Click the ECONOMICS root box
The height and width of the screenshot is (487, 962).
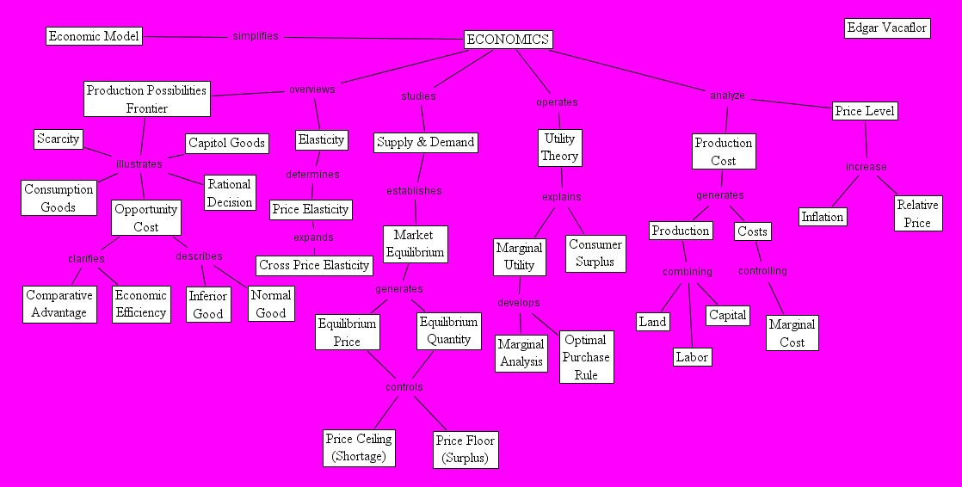click(x=508, y=40)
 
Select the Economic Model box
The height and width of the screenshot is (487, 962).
click(x=94, y=36)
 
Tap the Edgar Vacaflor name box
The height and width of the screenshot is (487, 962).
click(x=887, y=28)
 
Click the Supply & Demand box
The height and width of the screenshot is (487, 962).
click(x=425, y=142)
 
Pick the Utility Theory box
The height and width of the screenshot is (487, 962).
click(x=559, y=147)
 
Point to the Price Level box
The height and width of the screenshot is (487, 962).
click(x=865, y=111)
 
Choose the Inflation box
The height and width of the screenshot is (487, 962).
click(x=823, y=217)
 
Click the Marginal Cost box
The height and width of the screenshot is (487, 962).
click(x=792, y=333)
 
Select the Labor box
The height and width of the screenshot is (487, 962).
click(x=692, y=357)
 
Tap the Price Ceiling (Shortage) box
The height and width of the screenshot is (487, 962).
click(x=358, y=447)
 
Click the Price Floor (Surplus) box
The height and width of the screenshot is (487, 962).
click(x=465, y=449)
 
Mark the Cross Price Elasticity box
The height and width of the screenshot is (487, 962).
click(x=314, y=265)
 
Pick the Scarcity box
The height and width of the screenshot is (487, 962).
click(x=59, y=139)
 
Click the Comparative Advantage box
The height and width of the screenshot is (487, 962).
click(x=59, y=304)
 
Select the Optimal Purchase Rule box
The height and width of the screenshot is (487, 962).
click(x=586, y=357)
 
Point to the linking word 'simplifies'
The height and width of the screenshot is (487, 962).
click(x=256, y=36)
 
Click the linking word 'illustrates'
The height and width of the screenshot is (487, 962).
click(x=139, y=163)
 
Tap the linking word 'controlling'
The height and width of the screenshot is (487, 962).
click(x=762, y=271)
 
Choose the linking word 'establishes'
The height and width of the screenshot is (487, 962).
click(x=414, y=191)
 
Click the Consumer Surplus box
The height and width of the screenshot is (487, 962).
click(x=595, y=253)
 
